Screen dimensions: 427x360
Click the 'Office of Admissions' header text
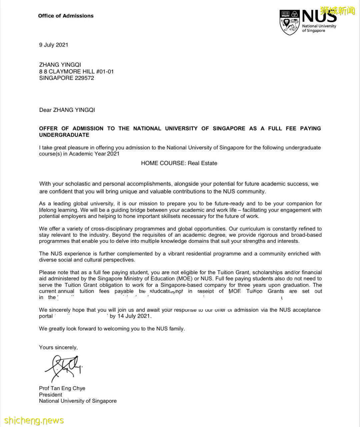pos(66,16)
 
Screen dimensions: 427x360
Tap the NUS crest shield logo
pos(289,22)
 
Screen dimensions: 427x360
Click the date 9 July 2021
pos(54,45)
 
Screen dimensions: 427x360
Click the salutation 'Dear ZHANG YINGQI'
pos(67,110)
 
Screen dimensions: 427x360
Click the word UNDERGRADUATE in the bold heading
pos(64,135)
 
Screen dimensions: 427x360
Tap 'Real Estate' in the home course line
pos(202,163)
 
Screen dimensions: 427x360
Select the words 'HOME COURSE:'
pos(163,163)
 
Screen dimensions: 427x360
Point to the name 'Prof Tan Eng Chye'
pos(62,388)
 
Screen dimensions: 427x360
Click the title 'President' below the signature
pos(50,395)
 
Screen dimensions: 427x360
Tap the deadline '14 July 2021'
pos(134,316)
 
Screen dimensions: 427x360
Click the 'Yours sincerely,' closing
pos(58,347)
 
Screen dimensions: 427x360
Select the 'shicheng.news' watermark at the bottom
pos(34,420)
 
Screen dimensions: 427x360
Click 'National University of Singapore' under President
pos(78,401)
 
